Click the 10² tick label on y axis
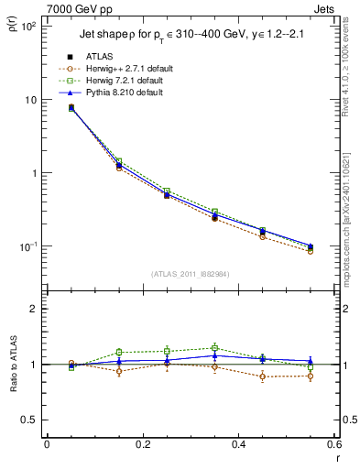(x=28, y=26)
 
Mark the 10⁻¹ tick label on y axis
(x=28, y=246)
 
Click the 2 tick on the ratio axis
(x=35, y=309)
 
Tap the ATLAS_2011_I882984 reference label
(x=190, y=274)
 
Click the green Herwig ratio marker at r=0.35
(x=214, y=348)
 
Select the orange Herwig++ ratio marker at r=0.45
(x=262, y=376)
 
